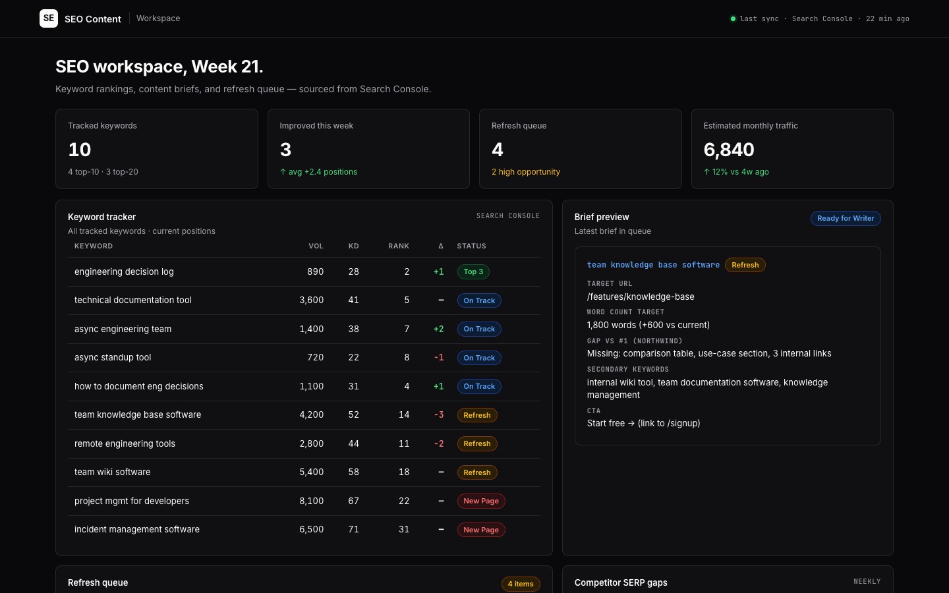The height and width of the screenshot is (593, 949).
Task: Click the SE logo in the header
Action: coord(49,18)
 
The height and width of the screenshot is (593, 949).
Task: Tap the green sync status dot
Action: coord(733,18)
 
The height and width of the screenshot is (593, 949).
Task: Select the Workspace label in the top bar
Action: coord(158,18)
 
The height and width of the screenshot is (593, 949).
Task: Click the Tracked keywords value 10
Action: coord(80,150)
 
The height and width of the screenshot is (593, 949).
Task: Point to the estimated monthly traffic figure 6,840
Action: coord(729,150)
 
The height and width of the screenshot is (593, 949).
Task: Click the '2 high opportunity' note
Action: coord(526,171)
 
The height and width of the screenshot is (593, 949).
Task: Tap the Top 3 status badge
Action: coord(473,271)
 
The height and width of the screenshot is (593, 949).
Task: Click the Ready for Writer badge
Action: coord(845,218)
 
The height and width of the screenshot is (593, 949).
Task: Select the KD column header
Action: coord(353,246)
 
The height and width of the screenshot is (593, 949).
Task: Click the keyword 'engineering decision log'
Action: coord(124,271)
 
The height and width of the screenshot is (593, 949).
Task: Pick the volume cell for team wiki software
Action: coord(311,472)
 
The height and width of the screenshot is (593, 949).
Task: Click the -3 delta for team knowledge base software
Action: coord(439,414)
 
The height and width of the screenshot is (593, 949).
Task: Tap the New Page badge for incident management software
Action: coord(481,530)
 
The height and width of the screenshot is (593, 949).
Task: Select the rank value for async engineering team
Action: coord(407,329)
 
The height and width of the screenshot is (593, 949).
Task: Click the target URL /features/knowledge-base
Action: coord(641,296)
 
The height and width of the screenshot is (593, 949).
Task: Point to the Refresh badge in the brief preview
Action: coord(745,265)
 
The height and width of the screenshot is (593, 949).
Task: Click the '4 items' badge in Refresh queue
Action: coord(521,584)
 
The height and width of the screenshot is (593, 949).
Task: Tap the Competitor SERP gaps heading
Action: coord(621,582)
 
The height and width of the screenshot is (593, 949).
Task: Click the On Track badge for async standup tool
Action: coord(479,358)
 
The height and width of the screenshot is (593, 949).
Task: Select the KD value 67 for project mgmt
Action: coord(353,501)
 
